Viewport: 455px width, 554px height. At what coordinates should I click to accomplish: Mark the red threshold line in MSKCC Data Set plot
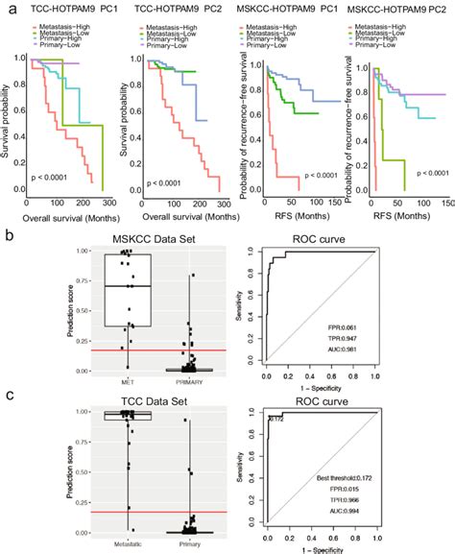click(144, 349)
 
